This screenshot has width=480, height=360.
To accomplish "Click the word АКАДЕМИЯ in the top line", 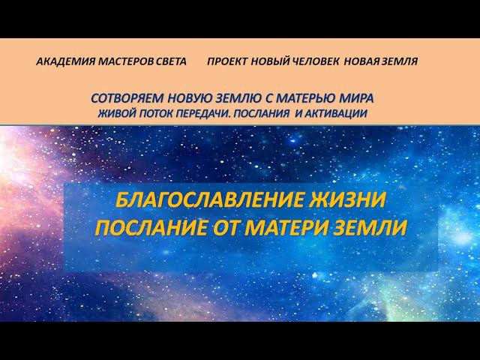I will pos(64,61).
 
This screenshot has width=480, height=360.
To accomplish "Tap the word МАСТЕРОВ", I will pos(124,61).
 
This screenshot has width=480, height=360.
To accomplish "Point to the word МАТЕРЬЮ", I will pos(301,99).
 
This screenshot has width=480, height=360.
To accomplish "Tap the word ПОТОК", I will pos(157,113).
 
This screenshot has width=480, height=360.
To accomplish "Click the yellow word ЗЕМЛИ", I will pos(371,226).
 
